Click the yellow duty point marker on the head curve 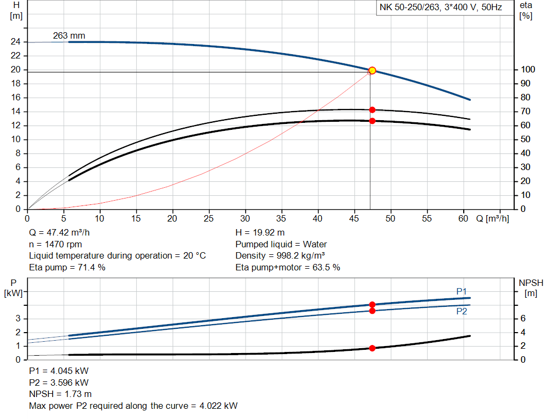pos(372,70)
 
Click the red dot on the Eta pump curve pos(372,110)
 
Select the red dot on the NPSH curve pos(372,348)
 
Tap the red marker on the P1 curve pos(372,305)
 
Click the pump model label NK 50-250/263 pos(410,8)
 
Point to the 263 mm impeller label pos(69,36)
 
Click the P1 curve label pos(462,291)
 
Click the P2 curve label pos(462,311)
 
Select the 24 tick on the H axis pos(16,42)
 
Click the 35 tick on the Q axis pos(281,218)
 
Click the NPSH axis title pos(531,283)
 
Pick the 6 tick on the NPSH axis pos(522,319)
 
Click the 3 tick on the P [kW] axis pos(18,319)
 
